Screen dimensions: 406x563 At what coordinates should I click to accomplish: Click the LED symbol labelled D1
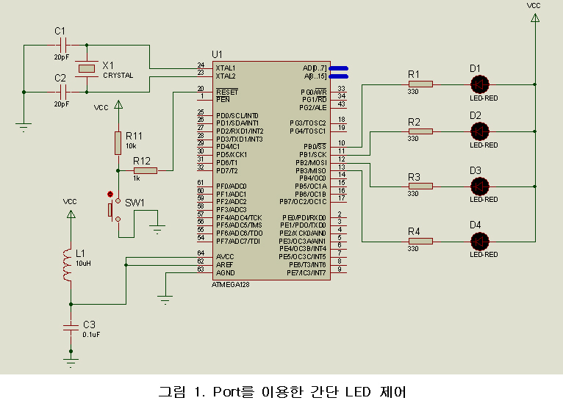coord(479,84)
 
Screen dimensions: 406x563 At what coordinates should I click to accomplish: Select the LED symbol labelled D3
coord(479,186)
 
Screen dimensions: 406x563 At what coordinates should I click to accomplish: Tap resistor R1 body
coord(420,84)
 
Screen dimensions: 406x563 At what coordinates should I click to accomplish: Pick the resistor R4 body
coord(420,240)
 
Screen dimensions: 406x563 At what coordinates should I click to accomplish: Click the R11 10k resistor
coord(118,143)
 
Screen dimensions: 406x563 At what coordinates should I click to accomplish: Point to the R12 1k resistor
coord(146,170)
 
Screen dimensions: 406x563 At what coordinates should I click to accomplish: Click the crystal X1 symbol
coord(87,68)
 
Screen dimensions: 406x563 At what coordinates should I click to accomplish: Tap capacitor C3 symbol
coord(71,325)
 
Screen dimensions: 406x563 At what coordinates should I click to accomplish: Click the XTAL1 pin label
coord(226,68)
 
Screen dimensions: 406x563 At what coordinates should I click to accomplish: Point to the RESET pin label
coord(226,91)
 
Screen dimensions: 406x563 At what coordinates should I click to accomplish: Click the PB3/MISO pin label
coord(312,170)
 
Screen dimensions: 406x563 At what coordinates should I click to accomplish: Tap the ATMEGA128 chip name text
coord(229,284)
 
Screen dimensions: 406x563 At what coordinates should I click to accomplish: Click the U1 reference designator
coord(216,54)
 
